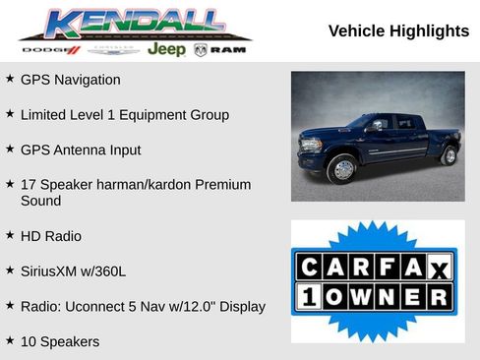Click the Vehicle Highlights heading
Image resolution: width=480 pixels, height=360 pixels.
coord(398,31)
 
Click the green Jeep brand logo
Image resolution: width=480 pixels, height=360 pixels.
coord(166,49)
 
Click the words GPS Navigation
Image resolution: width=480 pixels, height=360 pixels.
coord(70,80)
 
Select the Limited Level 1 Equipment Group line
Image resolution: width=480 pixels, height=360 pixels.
coord(124,115)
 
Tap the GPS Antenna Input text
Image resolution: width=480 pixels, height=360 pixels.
coord(81,150)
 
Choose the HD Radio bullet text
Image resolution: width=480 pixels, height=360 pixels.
coord(51,236)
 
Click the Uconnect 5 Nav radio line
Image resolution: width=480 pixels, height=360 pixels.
coord(143,306)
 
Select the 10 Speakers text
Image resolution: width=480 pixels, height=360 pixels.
coord(60,341)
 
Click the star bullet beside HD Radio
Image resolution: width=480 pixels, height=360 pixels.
coord(10,235)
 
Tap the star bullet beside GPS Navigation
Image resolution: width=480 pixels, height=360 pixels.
coord(10,79)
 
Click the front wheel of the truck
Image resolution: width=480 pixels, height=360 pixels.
coord(343,169)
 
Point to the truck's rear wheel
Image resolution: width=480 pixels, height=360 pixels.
coord(450,155)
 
